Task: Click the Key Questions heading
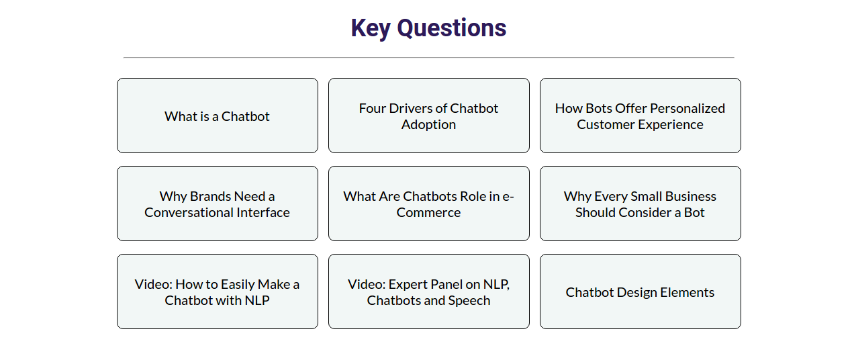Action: tap(428, 28)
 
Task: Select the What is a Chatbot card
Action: tap(218, 116)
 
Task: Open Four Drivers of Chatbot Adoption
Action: tap(429, 116)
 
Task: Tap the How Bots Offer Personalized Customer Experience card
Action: tap(641, 116)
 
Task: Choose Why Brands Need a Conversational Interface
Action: tap(218, 204)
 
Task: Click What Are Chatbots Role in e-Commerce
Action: tap(429, 204)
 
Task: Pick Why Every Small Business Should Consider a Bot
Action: tap(641, 204)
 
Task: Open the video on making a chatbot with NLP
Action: tap(218, 291)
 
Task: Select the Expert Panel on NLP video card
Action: tap(429, 291)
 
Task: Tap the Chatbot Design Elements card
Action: tap(641, 291)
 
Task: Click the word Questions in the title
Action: tap(452, 28)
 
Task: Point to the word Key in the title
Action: tap(371, 29)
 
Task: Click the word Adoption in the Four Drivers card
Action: tap(428, 125)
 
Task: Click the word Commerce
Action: tap(428, 212)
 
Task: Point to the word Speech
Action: tap(469, 301)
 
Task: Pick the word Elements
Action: tap(688, 292)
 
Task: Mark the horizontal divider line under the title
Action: tap(429, 58)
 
